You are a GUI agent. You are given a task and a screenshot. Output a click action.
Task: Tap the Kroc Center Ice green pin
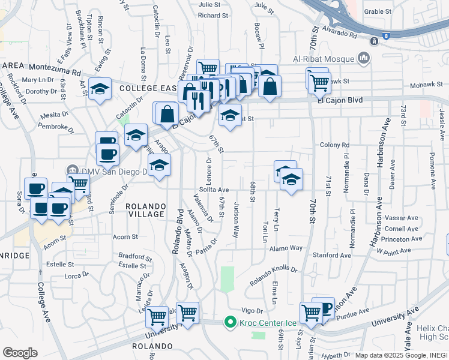[x=229, y=323]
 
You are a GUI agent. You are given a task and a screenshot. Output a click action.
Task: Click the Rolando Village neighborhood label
[x=145, y=210]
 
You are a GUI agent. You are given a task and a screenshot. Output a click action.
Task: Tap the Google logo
[x=20, y=353]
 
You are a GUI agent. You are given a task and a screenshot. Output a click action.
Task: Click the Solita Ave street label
[x=215, y=190]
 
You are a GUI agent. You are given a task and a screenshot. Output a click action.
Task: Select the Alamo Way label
[x=286, y=248]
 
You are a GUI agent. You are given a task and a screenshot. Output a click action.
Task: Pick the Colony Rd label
[x=335, y=145]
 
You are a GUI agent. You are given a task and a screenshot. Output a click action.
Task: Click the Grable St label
[x=378, y=11]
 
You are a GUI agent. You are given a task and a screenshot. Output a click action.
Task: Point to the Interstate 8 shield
[x=385, y=36]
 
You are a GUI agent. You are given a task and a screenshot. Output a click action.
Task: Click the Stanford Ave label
[x=331, y=255]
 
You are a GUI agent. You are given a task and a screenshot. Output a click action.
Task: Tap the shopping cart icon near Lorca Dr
[x=157, y=315]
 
